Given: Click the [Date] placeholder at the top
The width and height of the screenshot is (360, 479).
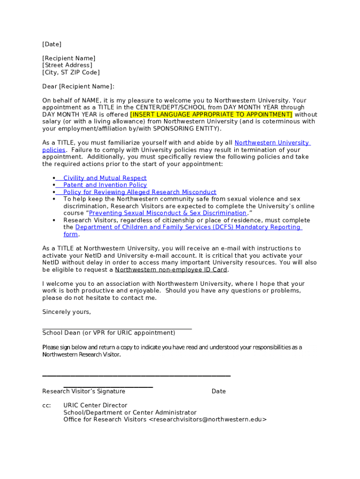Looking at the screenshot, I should (52, 44).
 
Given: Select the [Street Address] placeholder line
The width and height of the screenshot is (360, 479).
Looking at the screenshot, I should (67, 65).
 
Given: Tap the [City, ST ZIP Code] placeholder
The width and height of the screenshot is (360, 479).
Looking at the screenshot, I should (71, 73).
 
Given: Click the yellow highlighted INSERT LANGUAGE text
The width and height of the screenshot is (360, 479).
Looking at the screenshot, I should (211, 115).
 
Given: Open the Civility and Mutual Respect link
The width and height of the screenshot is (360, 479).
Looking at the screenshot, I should (105, 178).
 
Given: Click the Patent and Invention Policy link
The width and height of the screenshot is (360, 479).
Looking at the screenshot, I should (105, 185).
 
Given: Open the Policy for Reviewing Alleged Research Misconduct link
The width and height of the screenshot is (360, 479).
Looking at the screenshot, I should (140, 192).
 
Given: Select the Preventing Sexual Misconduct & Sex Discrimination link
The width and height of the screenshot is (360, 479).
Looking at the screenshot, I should (167, 213).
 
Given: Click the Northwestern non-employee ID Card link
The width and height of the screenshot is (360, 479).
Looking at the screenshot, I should (171, 270).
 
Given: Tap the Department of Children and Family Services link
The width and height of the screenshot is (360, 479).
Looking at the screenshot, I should (187, 227).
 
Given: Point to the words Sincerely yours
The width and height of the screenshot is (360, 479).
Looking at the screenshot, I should (67, 312).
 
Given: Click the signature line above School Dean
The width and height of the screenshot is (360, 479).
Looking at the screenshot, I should (117, 329).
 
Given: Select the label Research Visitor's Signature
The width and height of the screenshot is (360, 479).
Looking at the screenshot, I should (84, 392).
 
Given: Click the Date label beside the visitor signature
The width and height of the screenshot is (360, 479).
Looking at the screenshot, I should (218, 392).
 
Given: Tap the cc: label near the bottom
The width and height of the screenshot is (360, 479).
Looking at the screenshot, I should (47, 406).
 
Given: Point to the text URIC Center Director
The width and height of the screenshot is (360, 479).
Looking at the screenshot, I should (95, 406).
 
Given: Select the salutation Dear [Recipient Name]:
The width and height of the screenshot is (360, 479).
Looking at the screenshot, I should (78, 87).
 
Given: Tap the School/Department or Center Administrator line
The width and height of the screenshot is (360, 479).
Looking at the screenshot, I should (130, 413).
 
